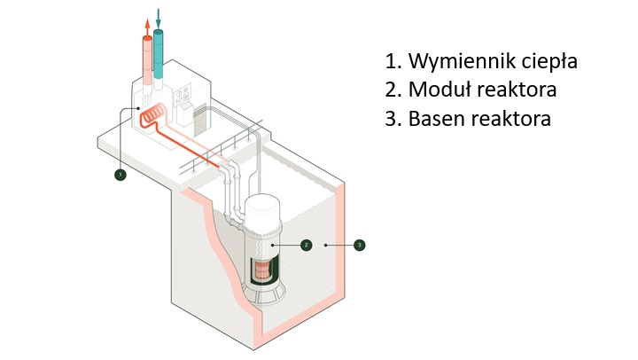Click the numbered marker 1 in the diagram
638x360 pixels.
click(121, 175)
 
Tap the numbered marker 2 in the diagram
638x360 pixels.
click(306, 243)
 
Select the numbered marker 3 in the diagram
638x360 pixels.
click(358, 244)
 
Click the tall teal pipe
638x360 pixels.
click(159, 57)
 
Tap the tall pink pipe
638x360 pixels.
click(145, 62)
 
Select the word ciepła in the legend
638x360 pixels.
click(549, 62)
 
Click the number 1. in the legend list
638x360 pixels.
click(393, 62)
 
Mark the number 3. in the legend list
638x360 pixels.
click(393, 118)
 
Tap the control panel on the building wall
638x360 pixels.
click(184, 98)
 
